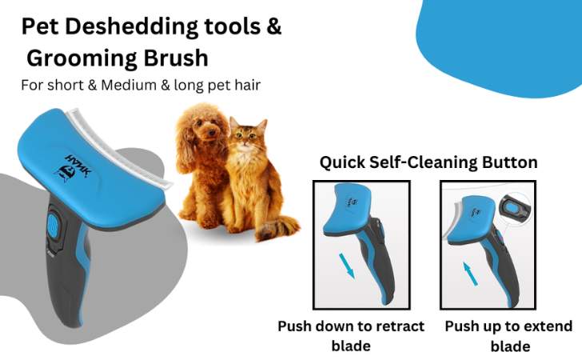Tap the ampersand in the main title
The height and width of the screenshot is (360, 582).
(273, 26)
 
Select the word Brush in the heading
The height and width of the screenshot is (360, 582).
(176, 58)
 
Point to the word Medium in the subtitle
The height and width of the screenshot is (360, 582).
(129, 85)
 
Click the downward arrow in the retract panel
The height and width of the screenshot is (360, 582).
(347, 266)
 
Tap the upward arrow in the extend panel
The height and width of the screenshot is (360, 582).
(470, 274)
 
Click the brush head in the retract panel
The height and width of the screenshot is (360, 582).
(347, 209)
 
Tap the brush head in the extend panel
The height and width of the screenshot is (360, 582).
(472, 219)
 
